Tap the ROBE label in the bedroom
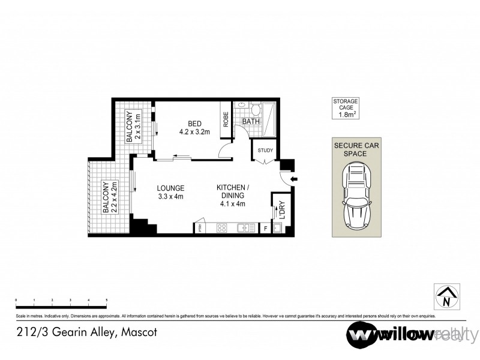(226, 120)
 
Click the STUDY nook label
(265, 151)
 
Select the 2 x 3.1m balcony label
(134, 128)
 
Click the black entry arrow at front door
(293, 179)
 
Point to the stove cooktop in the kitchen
(220, 228)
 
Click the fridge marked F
(265, 228)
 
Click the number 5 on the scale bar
(106, 299)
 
